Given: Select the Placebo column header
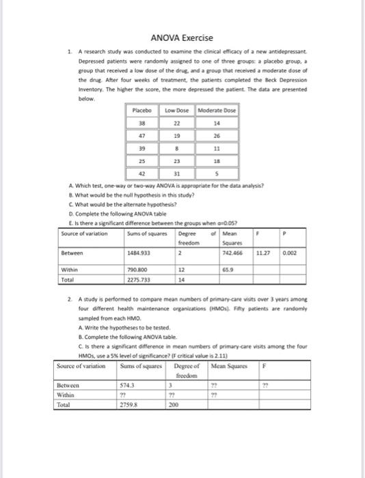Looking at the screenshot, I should tap(141, 111).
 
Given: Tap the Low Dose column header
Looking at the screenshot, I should tap(176, 111).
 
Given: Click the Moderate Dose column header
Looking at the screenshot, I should tap(216, 111).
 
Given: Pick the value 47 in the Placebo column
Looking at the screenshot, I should tap(141, 136).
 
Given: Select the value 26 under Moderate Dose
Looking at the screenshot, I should tap(216, 136).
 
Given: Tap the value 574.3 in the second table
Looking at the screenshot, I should tap(129, 385).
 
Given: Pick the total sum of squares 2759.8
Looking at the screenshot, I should tap(130, 404).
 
